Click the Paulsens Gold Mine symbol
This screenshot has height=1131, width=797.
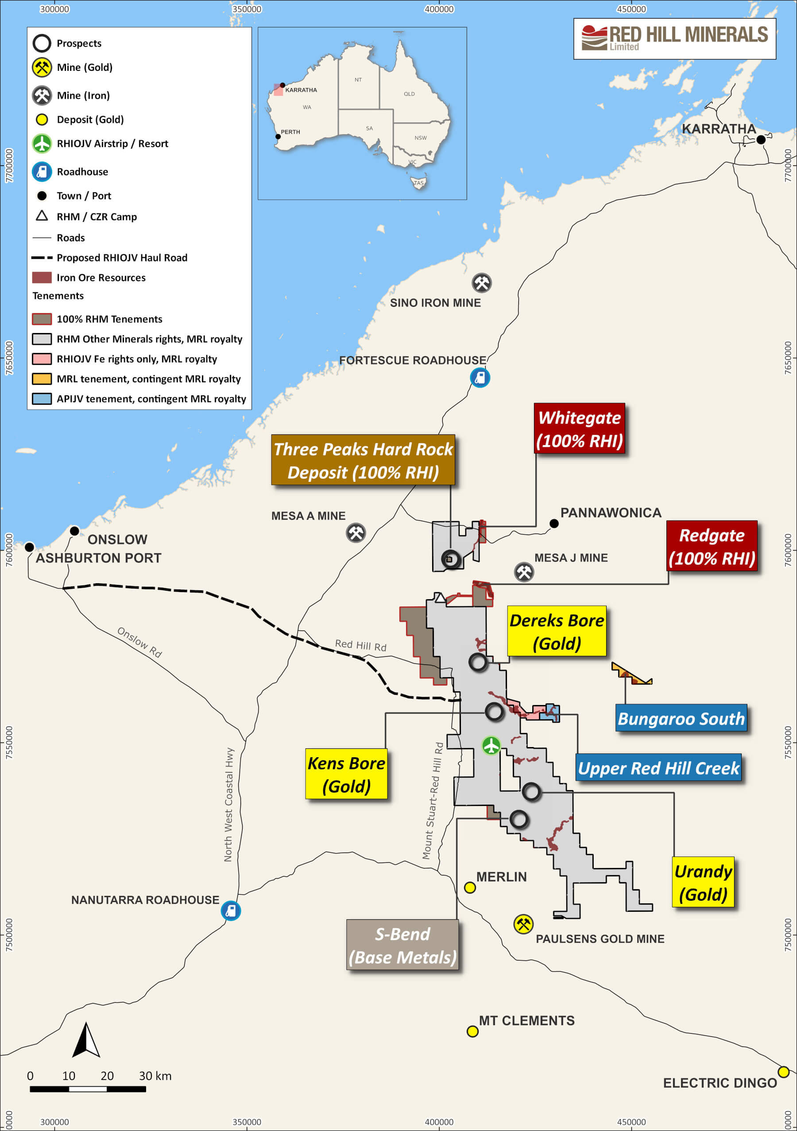(x=523, y=924)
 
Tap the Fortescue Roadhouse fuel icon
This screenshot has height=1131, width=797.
(x=480, y=378)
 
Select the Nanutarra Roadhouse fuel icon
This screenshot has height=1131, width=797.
(x=231, y=911)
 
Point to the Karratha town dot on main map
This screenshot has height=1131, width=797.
(x=761, y=139)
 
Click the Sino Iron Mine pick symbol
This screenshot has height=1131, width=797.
(x=482, y=283)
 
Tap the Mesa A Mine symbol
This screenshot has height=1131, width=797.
(x=356, y=532)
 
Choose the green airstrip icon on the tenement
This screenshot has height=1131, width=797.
(x=491, y=745)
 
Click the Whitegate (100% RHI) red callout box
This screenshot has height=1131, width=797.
(x=580, y=429)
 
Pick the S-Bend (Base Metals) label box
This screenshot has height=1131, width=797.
(x=402, y=945)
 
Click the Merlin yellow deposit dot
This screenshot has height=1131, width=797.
(x=470, y=887)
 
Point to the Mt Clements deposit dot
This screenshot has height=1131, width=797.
(x=472, y=1031)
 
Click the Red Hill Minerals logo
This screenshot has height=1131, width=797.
(x=674, y=39)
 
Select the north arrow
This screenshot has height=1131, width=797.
(x=86, y=1040)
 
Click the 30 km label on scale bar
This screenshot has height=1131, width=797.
(x=155, y=1076)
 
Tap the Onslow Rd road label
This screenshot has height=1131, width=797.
(x=139, y=643)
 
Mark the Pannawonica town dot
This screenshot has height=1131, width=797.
(x=554, y=523)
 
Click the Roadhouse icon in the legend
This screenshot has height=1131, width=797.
(x=42, y=171)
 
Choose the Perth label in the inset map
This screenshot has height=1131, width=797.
(x=290, y=132)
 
